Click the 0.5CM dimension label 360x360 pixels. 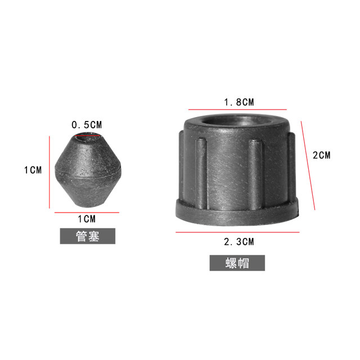click(x=87, y=124)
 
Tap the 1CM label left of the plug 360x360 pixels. click(x=33, y=170)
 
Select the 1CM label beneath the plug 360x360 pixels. click(x=87, y=219)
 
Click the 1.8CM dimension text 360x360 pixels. click(x=239, y=102)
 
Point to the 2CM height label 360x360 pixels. click(x=321, y=155)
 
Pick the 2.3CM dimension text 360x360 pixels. click(x=239, y=242)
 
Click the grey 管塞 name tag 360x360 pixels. click(x=87, y=236)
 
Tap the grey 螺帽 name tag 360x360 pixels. click(x=237, y=263)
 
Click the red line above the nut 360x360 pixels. click(x=237, y=109)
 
